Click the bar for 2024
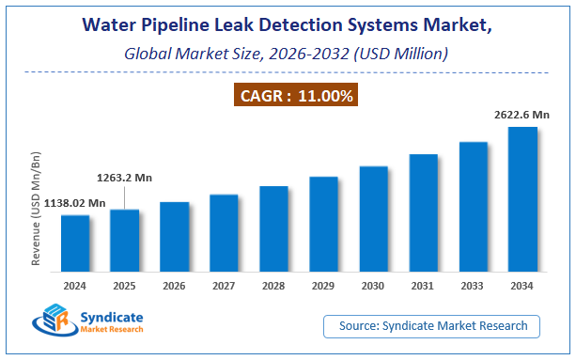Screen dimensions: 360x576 [x=75, y=243]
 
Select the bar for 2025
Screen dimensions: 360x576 [x=124, y=240]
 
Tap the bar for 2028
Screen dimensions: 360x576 [x=273, y=227]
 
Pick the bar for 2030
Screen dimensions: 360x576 [x=373, y=218]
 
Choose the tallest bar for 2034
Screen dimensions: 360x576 [x=522, y=198]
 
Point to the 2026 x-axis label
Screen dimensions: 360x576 [x=174, y=285]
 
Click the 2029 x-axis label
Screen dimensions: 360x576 [x=323, y=285]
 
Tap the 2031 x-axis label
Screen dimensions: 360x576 [x=423, y=285]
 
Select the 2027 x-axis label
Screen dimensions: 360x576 [x=224, y=285]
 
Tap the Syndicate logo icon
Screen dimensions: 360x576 [x=52, y=322]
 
